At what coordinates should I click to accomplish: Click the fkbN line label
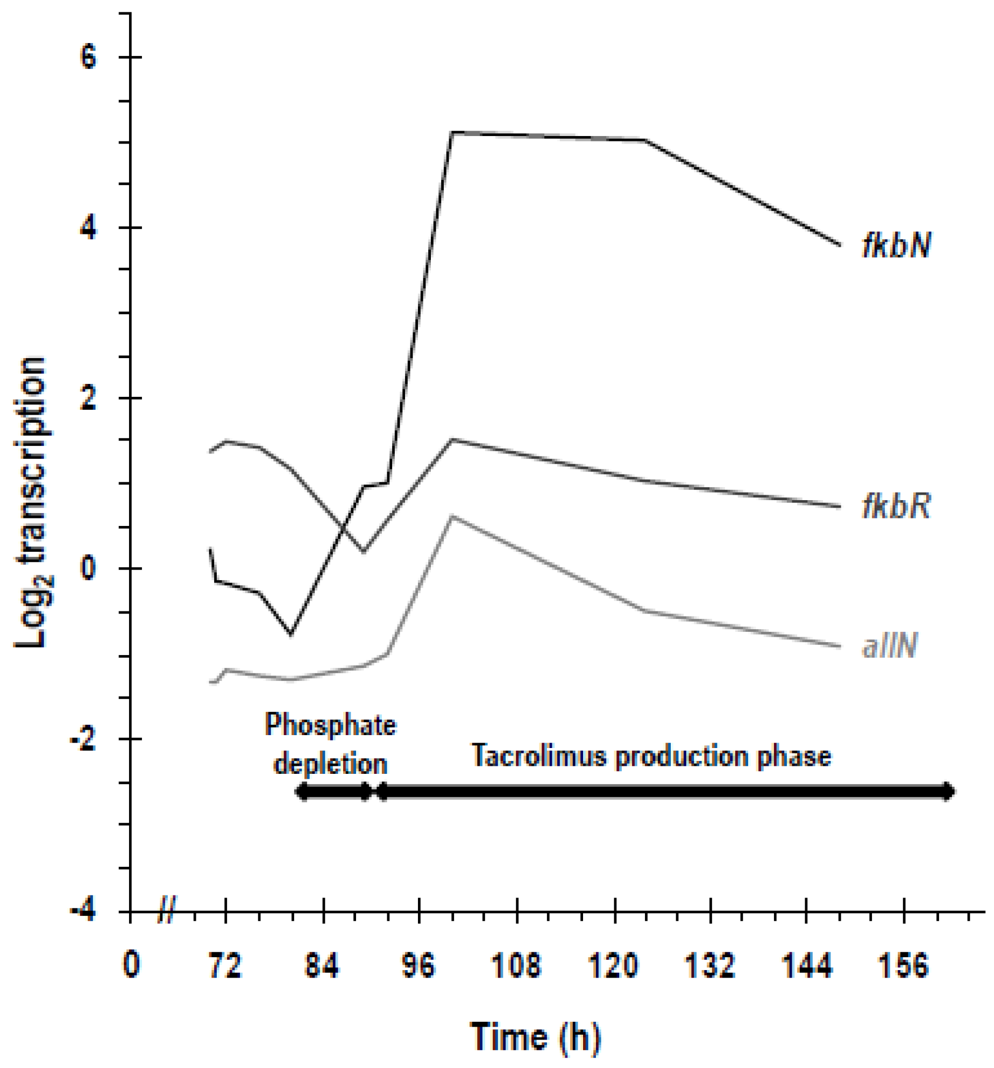click(896, 245)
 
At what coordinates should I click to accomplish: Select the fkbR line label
click(896, 506)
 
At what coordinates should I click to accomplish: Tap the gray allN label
click(890, 645)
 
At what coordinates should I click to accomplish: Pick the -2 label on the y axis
click(83, 740)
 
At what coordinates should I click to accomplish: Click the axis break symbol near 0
click(167, 910)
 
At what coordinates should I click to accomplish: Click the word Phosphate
click(330, 725)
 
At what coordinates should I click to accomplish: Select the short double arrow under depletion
click(333, 791)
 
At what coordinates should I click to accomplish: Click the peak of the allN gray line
click(452, 516)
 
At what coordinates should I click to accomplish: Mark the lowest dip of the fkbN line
click(291, 635)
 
